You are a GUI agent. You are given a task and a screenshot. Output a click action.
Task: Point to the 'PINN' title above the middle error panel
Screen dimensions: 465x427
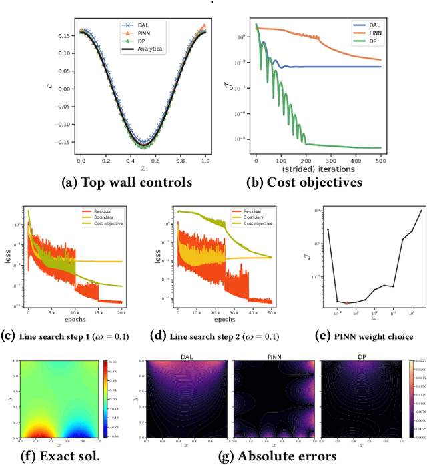pos(274,357)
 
